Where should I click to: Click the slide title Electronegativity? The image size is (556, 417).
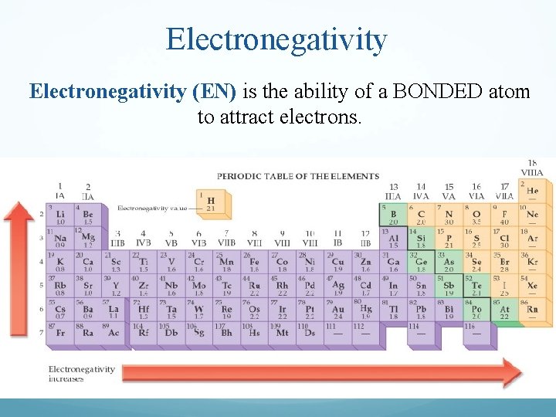[x=276, y=39]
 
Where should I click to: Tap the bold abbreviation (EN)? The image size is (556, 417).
[x=214, y=92]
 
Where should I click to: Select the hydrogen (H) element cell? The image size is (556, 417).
[x=210, y=203]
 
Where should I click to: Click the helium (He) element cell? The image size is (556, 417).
[x=532, y=190]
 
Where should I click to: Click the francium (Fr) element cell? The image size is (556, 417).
[x=60, y=333]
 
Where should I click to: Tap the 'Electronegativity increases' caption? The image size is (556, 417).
[x=81, y=373]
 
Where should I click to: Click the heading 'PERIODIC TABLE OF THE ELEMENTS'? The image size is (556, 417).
[x=297, y=177]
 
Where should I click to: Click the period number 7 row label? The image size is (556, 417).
[x=42, y=332]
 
